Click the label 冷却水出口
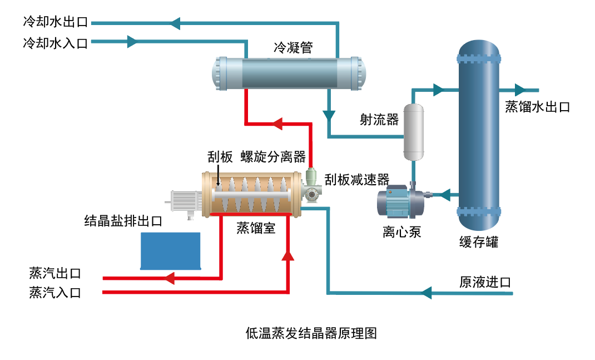[x=55, y=23]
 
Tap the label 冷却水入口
[x=55, y=43]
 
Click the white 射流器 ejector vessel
[x=413, y=129]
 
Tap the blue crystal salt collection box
[x=170, y=251]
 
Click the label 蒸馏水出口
[x=537, y=107]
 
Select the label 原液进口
[x=485, y=282]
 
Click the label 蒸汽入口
[x=55, y=293]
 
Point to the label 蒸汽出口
[x=55, y=273]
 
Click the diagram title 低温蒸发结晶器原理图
[x=311, y=334]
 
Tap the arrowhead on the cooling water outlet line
[x=175, y=23]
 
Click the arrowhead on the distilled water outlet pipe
[x=519, y=90]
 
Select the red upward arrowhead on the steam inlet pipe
[x=287, y=255]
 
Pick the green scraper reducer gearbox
[x=313, y=187]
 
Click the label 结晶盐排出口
[x=123, y=221]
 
